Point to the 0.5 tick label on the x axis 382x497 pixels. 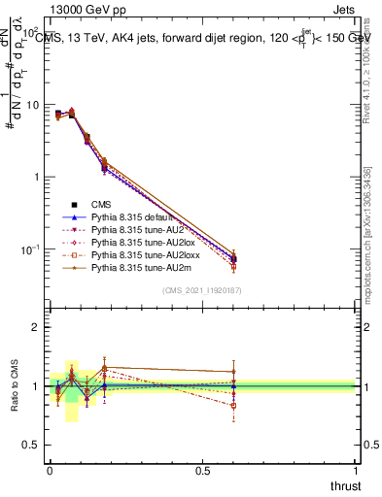(x=203, y=471)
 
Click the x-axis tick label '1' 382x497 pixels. (x=356, y=471)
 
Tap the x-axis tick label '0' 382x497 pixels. (x=51, y=471)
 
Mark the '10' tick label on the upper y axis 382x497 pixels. (x=31, y=104)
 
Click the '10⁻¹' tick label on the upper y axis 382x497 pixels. (x=29, y=249)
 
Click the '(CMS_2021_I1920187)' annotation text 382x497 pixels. (x=203, y=290)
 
